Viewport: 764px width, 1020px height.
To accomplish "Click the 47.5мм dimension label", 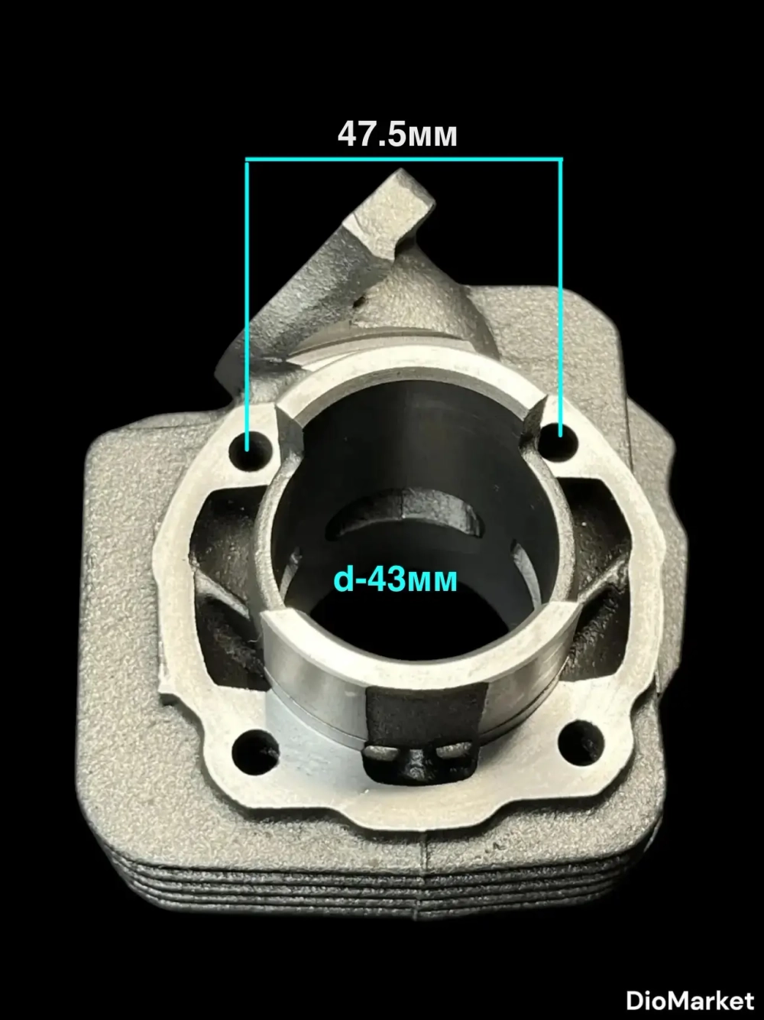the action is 397,135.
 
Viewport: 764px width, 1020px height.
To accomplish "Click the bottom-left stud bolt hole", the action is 254,749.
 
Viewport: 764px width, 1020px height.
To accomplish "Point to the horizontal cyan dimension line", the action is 404,159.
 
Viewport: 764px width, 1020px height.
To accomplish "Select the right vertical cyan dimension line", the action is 561,297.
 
